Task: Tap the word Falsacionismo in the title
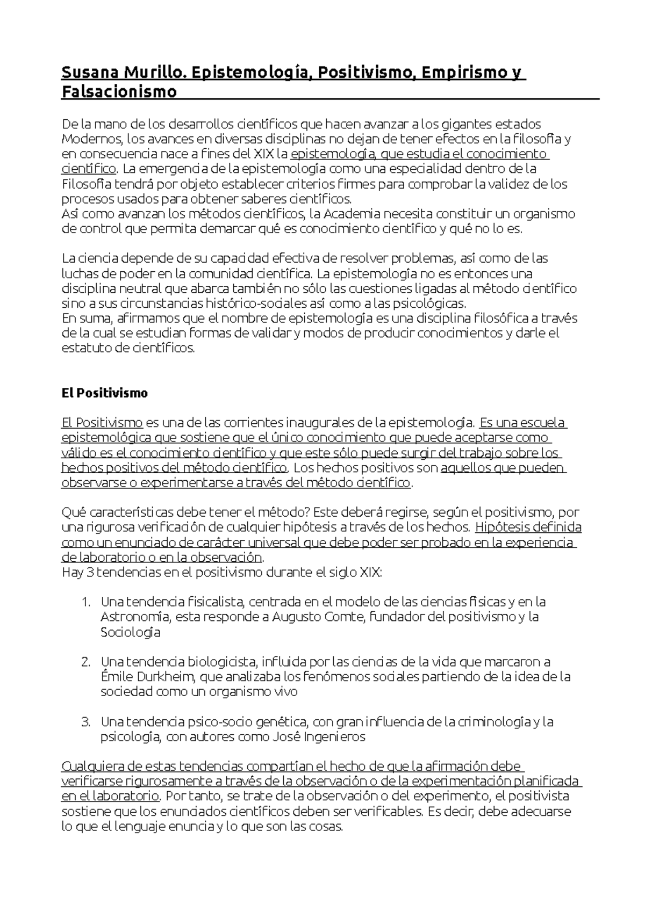(x=119, y=92)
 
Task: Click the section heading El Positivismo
(x=104, y=393)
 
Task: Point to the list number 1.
(x=85, y=602)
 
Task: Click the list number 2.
(x=85, y=662)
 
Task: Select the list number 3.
(x=85, y=722)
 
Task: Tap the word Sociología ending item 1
(x=130, y=632)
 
